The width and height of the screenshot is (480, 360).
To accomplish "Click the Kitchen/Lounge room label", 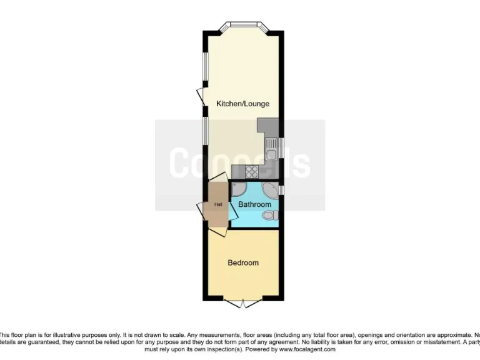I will point(242,104).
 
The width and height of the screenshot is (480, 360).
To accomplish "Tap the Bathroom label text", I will point(255,204).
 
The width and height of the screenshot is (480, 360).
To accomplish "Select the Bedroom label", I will point(242,262).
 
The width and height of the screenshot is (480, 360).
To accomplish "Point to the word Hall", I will point(218,204).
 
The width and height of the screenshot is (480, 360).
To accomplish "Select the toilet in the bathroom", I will point(269,216).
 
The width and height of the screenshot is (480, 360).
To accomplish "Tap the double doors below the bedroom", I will point(242,304).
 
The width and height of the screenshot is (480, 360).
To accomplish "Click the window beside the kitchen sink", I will point(282,148).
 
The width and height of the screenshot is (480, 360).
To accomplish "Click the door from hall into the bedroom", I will point(218,231).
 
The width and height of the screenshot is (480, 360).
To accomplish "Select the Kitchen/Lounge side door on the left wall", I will point(201,97).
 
